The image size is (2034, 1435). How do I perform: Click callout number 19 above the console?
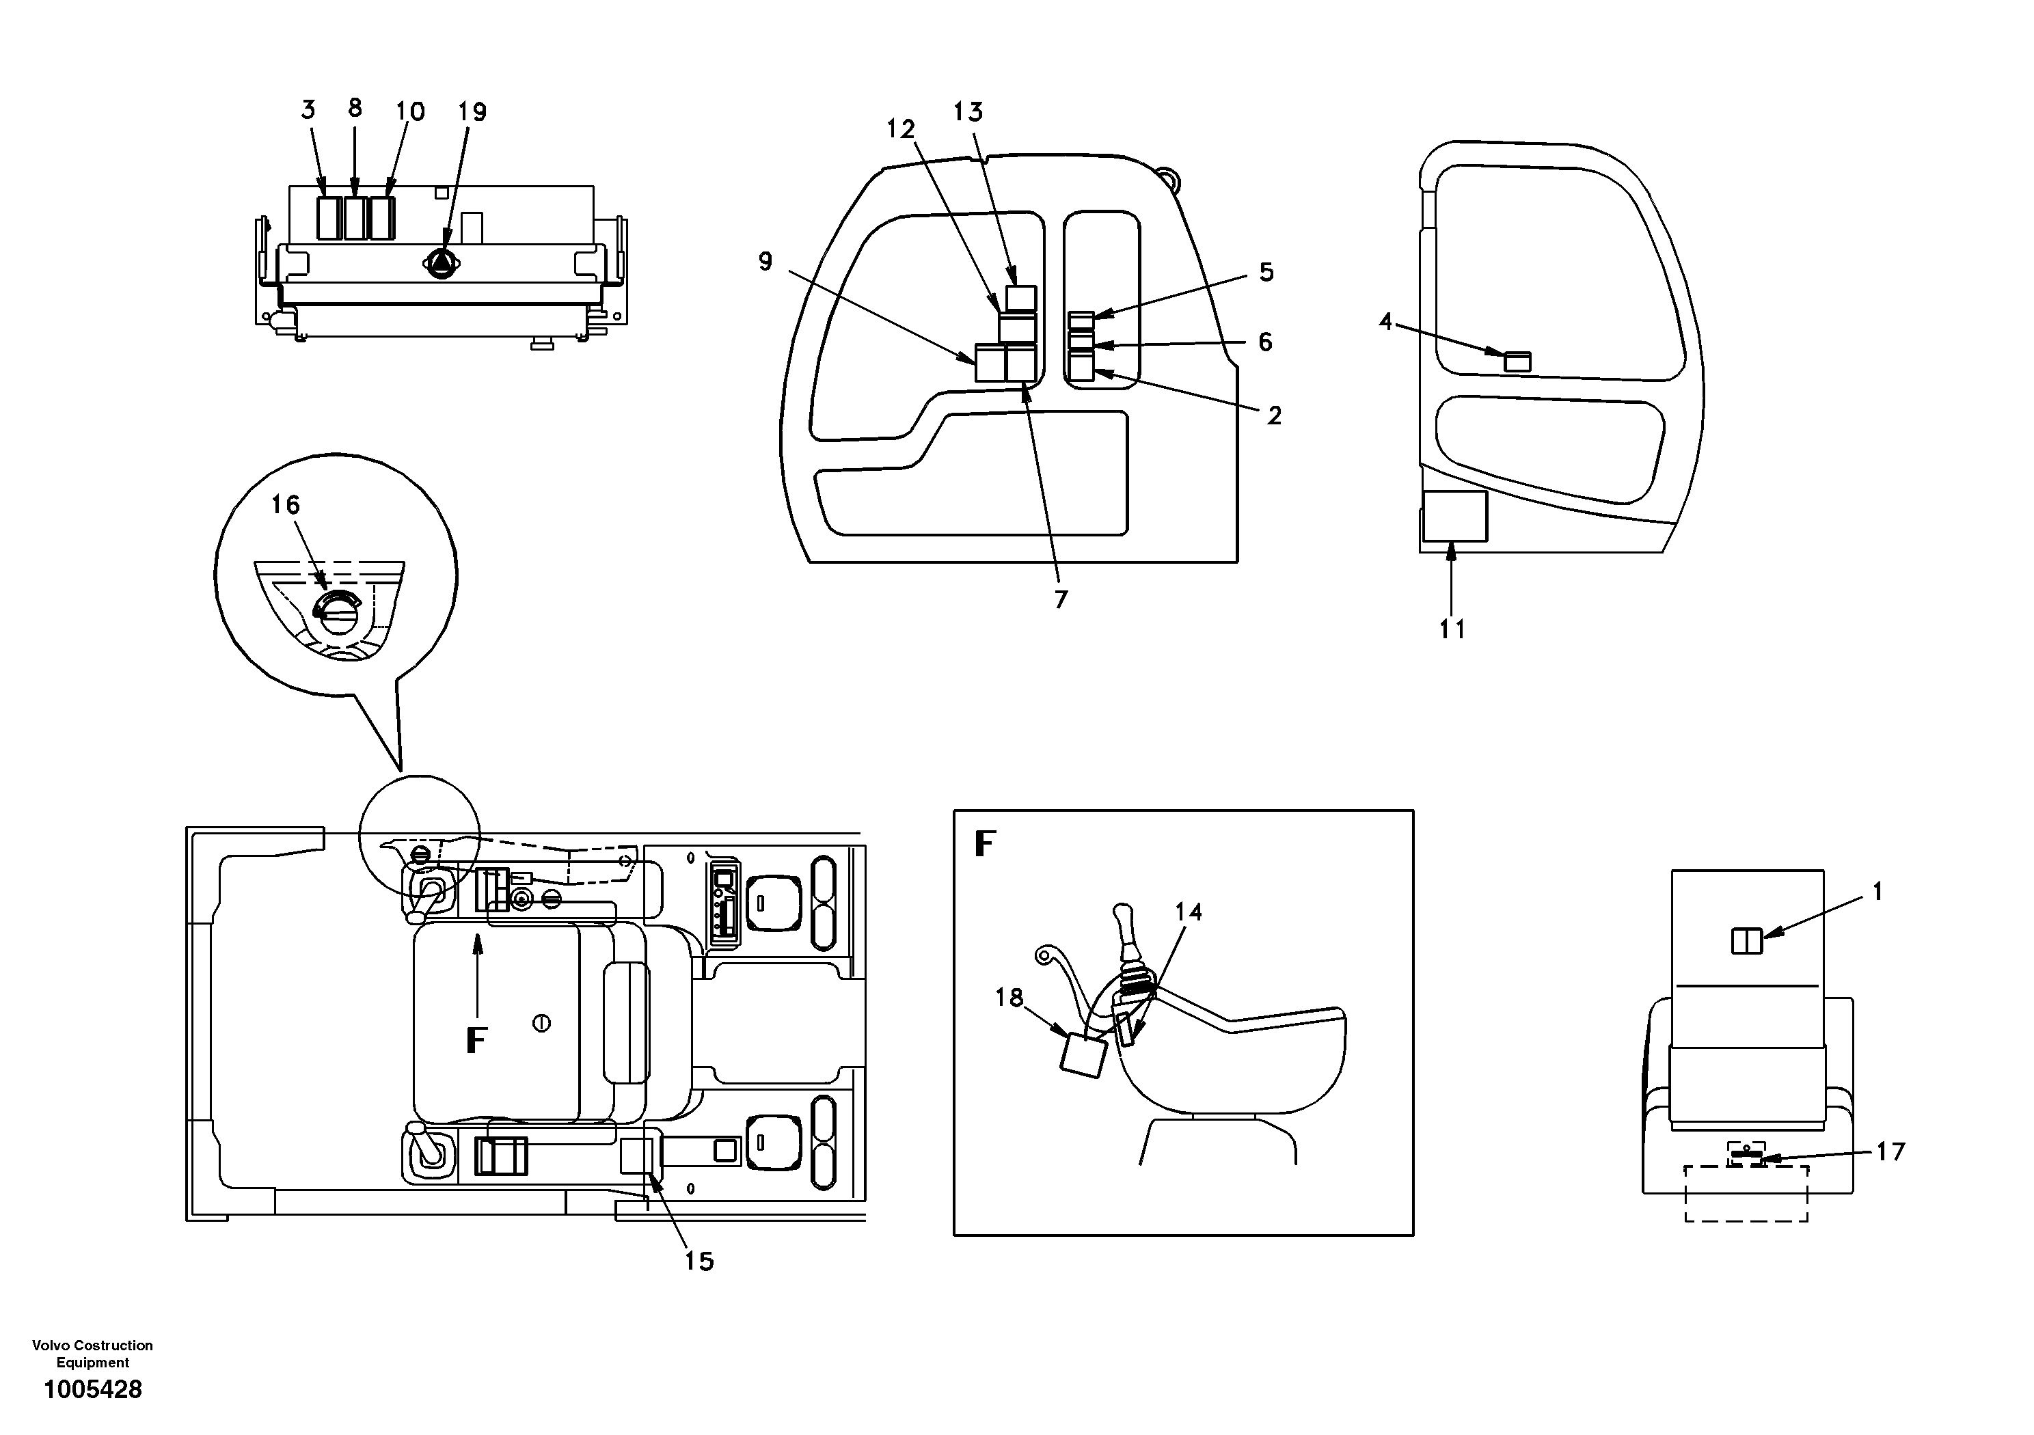click(x=472, y=113)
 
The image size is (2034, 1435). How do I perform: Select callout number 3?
click(x=308, y=110)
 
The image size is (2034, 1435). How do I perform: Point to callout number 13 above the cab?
click(x=968, y=113)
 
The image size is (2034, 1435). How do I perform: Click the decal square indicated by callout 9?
click(x=990, y=363)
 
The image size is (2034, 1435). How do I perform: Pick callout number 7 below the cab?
click(x=1061, y=600)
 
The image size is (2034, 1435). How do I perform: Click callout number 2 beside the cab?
click(x=1274, y=415)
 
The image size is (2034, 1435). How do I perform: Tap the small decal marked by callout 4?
click(x=1517, y=361)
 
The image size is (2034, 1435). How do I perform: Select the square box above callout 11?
click(x=1454, y=517)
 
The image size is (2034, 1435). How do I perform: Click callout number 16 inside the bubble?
click(x=285, y=505)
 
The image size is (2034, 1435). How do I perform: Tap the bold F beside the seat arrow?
click(x=476, y=1041)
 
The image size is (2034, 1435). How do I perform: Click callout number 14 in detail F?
click(x=1189, y=912)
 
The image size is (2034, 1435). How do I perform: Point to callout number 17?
click(x=1890, y=1151)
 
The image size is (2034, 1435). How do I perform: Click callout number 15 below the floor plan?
click(x=699, y=1261)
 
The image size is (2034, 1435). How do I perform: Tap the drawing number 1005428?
click(x=93, y=1390)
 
